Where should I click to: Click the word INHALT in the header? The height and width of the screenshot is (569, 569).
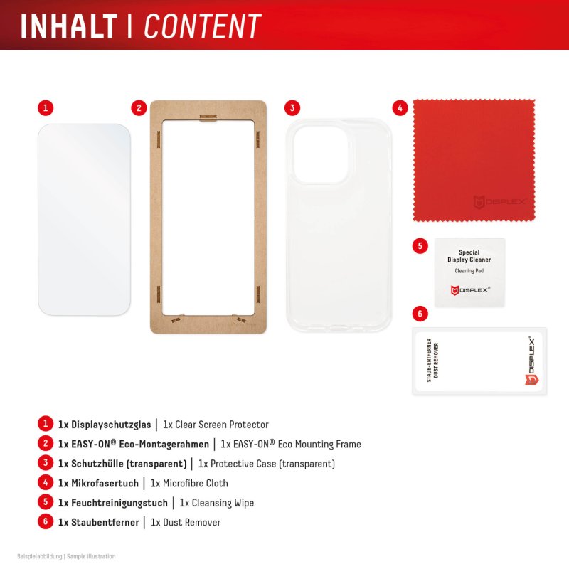[x=68, y=26]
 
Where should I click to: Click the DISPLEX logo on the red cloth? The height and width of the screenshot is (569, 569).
[x=502, y=202]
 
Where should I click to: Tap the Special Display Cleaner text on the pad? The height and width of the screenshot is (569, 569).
[x=469, y=256]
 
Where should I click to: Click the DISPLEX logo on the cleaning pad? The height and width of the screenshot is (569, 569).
[x=469, y=289]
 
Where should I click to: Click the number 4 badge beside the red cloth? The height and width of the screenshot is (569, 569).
[x=400, y=108]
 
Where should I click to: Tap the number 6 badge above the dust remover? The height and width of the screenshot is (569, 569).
[x=420, y=314]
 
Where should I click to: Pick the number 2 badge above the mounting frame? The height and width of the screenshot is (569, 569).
[x=139, y=108]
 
